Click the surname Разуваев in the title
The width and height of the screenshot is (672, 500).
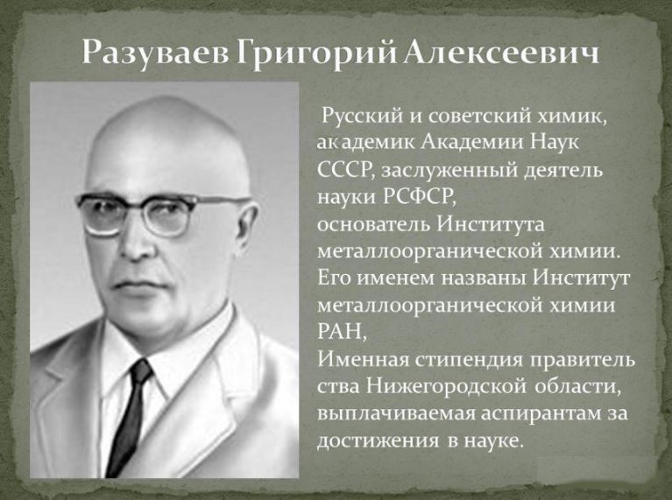[x=155, y=54]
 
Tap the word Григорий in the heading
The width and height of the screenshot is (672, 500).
[x=317, y=54]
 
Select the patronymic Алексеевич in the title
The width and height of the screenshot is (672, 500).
[x=500, y=53]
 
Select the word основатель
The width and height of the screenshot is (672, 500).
[x=373, y=224]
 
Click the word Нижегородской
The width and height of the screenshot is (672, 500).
[x=446, y=386]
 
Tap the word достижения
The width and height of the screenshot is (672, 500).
[x=378, y=441]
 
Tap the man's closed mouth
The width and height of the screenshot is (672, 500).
[x=138, y=285]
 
